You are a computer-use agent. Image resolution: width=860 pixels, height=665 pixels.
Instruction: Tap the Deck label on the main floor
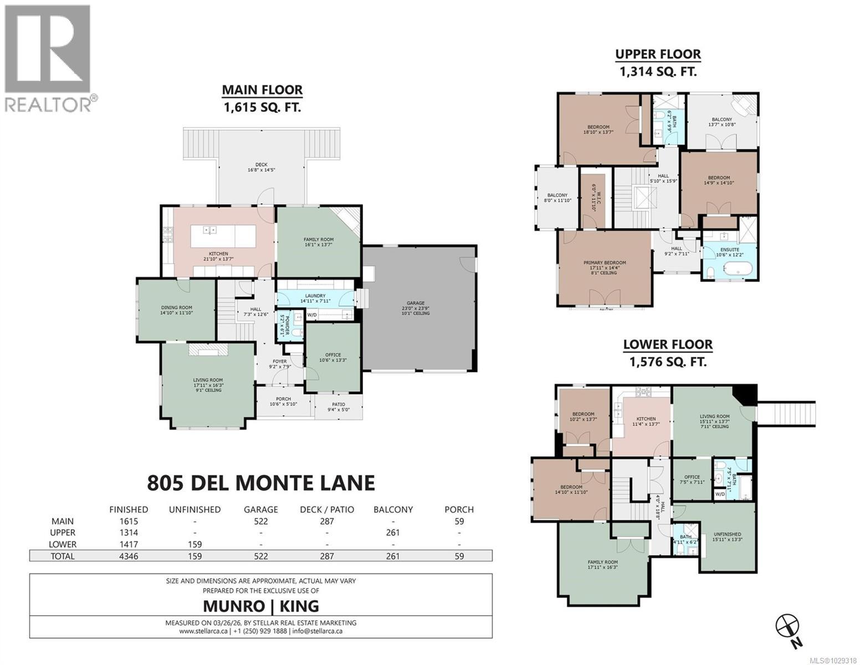point(261,165)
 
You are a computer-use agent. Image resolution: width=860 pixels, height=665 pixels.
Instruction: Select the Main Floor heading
point(262,90)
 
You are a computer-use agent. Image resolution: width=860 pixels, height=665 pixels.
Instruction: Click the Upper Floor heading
point(658,54)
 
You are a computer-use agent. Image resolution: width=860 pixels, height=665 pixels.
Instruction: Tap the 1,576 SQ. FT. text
point(668,362)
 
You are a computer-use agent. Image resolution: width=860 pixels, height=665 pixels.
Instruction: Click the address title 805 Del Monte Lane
point(261,483)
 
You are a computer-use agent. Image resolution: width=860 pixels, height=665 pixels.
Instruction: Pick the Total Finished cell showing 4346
point(128,556)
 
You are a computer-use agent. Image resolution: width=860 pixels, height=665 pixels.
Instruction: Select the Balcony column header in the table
point(393,509)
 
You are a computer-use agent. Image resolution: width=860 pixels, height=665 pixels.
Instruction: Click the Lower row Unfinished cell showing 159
point(194,544)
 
